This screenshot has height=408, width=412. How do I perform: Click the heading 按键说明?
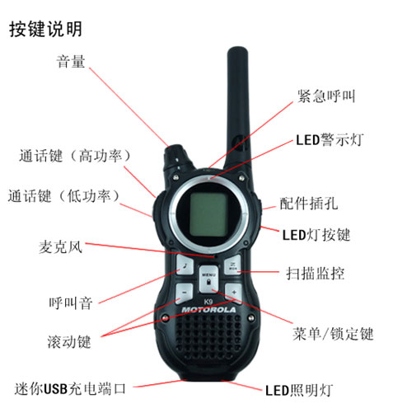click(45, 29)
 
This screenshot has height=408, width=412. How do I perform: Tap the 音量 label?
click(71, 61)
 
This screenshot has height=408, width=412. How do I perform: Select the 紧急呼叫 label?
click(326, 96)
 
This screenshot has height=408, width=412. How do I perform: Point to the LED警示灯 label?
click(330, 140)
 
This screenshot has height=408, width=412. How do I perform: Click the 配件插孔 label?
click(309, 204)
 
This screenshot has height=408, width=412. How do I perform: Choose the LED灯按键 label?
click(316, 235)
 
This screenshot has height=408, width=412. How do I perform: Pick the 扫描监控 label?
click(315, 273)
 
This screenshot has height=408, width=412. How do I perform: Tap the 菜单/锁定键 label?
click(333, 334)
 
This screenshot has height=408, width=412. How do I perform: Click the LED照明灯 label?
click(299, 390)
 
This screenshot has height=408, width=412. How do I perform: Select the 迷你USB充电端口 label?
click(70, 388)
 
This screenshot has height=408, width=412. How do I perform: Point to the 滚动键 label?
click(69, 342)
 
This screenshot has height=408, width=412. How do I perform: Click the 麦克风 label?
click(60, 246)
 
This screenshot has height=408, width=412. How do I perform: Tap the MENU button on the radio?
click(208, 279)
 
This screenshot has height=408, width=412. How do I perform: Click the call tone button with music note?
click(185, 265)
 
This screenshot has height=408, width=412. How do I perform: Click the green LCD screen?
click(208, 214)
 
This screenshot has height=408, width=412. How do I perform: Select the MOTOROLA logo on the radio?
click(208, 310)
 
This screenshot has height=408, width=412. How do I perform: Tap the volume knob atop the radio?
click(176, 157)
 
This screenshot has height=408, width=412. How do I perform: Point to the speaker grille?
click(208, 337)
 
